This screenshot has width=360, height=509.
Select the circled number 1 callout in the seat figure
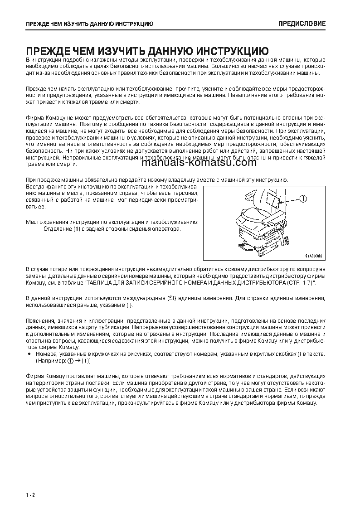[302, 198]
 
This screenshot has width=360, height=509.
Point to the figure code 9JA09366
[313, 256]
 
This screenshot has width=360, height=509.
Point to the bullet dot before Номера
[29, 353]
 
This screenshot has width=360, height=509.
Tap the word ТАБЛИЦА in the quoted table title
[100, 282]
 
